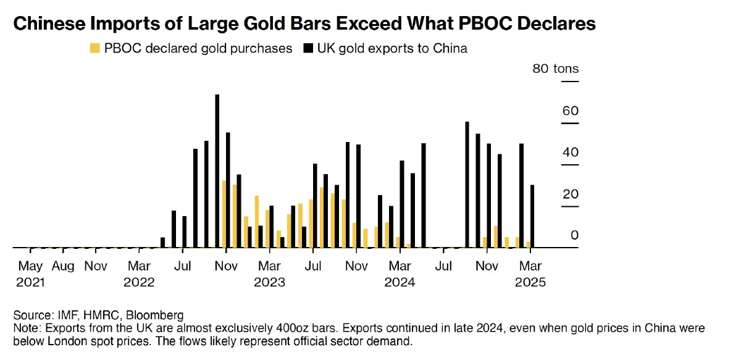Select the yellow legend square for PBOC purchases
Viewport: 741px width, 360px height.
point(94,48)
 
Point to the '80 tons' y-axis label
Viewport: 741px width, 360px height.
point(556,69)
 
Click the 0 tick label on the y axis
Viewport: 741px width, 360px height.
point(574,235)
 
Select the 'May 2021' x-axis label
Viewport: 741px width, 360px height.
point(30,274)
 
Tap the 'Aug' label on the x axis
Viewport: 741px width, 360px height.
point(63,266)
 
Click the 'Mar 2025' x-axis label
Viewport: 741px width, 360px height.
point(530,274)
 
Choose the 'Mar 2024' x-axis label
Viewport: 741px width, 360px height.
point(400,274)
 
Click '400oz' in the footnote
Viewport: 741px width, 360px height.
point(264,328)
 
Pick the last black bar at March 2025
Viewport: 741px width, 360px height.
point(532,216)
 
